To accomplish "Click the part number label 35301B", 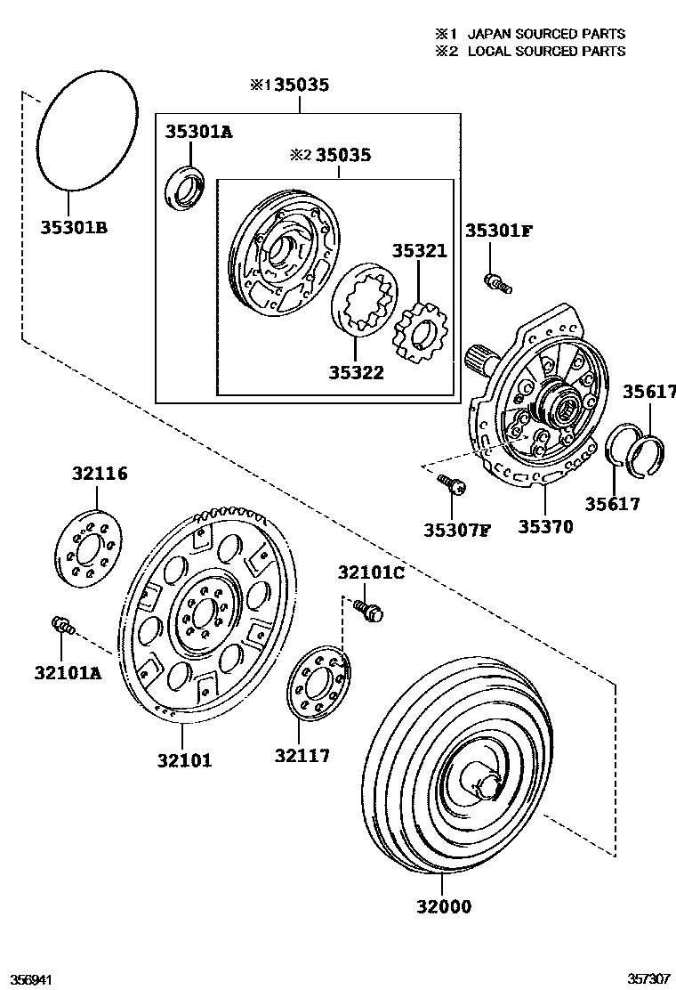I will click(x=74, y=228).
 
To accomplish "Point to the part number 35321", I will click(x=420, y=252).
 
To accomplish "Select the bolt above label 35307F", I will click(x=451, y=485).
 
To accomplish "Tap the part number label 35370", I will click(x=545, y=527).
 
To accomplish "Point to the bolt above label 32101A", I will click(x=64, y=625).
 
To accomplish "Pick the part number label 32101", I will click(x=185, y=760).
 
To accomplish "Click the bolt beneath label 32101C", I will click(x=366, y=611).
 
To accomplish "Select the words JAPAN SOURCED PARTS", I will click(x=546, y=34).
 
